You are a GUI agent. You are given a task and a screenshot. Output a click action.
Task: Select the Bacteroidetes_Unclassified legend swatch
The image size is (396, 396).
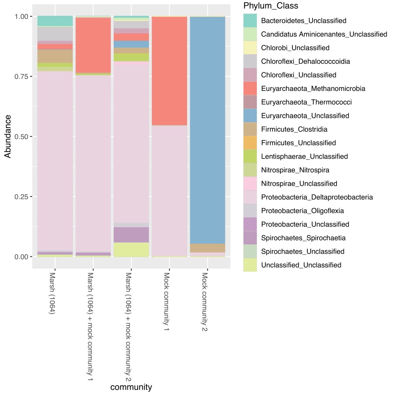click(x=250, y=20)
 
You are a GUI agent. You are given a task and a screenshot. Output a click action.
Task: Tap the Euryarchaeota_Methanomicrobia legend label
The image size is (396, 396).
click(x=313, y=89)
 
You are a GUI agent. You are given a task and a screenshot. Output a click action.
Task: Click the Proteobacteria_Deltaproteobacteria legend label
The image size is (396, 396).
click(x=317, y=197)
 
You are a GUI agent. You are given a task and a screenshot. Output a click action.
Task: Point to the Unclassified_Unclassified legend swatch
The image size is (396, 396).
click(x=250, y=265)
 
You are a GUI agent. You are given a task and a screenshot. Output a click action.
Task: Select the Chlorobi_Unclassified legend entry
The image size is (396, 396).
click(x=295, y=48)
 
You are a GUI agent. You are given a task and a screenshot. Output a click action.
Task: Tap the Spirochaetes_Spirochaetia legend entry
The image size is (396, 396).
click(x=303, y=238)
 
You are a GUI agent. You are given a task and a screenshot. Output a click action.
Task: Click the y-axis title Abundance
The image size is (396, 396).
click(x=8, y=137)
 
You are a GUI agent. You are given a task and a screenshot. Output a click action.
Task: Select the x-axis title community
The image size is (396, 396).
click(x=131, y=387)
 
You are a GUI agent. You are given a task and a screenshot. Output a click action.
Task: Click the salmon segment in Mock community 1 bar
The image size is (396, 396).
click(x=169, y=72)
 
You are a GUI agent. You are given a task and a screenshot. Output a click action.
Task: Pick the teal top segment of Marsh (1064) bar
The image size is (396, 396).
click(x=55, y=21)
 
